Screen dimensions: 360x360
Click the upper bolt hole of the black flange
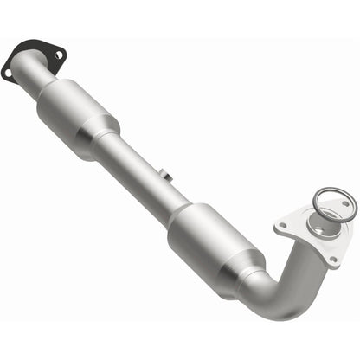[57, 54]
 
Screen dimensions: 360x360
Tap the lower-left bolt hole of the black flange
[9, 74]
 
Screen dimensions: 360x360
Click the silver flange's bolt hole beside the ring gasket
[345, 204]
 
